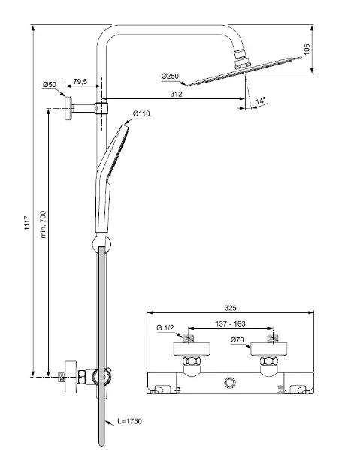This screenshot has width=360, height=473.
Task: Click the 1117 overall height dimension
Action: coord(27,223)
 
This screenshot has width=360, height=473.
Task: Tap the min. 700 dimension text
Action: coord(43,224)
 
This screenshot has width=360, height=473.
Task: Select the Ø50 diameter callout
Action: coord(50,84)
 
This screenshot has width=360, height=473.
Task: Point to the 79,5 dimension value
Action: coord(80,81)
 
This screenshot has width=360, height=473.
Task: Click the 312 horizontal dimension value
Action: coord(176,94)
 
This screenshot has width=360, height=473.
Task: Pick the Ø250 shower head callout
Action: coord(170,77)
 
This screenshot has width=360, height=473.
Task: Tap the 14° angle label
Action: coord(260,101)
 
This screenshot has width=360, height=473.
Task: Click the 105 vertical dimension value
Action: coord(307,49)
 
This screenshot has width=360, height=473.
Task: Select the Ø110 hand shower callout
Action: coord(141,113)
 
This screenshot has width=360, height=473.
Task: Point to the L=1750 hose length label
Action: coord(129,421)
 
